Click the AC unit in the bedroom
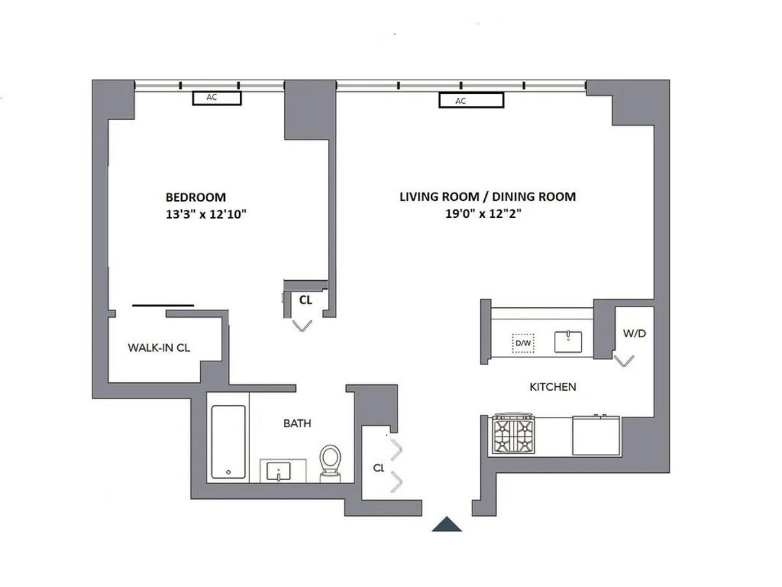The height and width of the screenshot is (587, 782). click(216, 98)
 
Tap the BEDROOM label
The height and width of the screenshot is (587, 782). click(195, 197)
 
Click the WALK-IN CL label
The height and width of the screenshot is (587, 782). click(158, 348)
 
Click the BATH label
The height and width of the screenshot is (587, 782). click(297, 424)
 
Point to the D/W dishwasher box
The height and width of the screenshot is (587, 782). click(523, 342)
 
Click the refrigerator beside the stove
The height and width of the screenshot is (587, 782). click(596, 436)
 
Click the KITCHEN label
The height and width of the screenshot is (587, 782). click(552, 387)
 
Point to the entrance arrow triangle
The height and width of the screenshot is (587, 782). click(447, 524)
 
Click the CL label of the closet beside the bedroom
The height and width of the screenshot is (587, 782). click(305, 301)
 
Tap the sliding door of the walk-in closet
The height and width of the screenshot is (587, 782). click(163, 305)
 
